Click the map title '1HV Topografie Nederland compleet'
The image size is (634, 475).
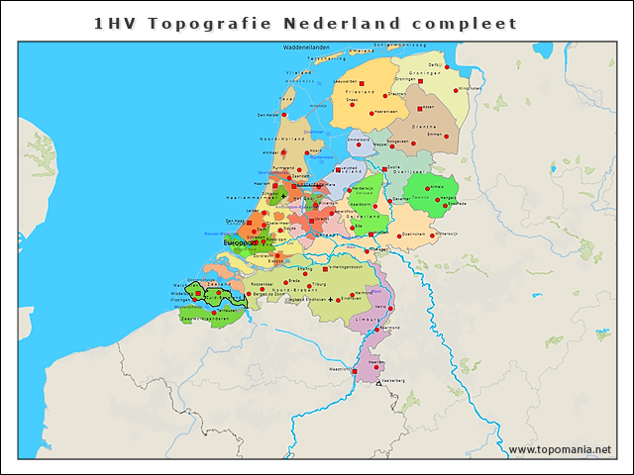305,23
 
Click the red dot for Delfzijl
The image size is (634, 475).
454,69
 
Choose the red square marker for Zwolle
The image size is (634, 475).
384,168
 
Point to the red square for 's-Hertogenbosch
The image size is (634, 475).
324,268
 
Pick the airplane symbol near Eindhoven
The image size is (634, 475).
329,298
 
